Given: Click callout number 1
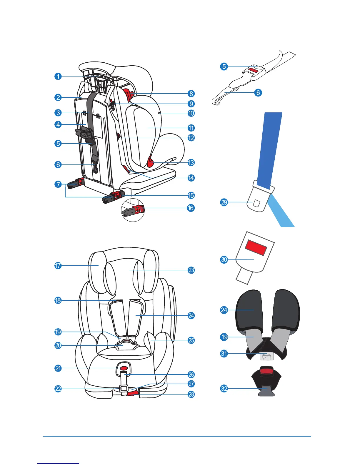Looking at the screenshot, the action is click(x=58, y=76).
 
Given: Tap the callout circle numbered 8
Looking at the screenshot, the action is click(x=191, y=94).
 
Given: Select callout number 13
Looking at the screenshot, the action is click(x=191, y=163).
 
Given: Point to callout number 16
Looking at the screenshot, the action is click(x=191, y=208).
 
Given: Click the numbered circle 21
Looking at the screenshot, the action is click(x=58, y=368).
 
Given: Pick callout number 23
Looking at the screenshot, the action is click(x=191, y=270).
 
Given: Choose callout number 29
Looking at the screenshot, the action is click(x=224, y=202).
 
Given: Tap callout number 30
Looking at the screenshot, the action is click(x=224, y=259).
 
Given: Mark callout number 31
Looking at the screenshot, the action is click(x=224, y=353).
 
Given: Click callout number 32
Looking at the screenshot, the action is click(x=224, y=388).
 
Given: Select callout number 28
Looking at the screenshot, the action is click(x=191, y=394).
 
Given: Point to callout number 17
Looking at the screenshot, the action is click(x=58, y=266).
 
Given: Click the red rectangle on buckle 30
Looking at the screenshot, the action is click(x=256, y=248).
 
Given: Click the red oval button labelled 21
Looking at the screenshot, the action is click(x=124, y=368).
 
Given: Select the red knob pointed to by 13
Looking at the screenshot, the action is click(x=151, y=162).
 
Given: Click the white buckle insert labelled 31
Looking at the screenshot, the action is click(x=267, y=356).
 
